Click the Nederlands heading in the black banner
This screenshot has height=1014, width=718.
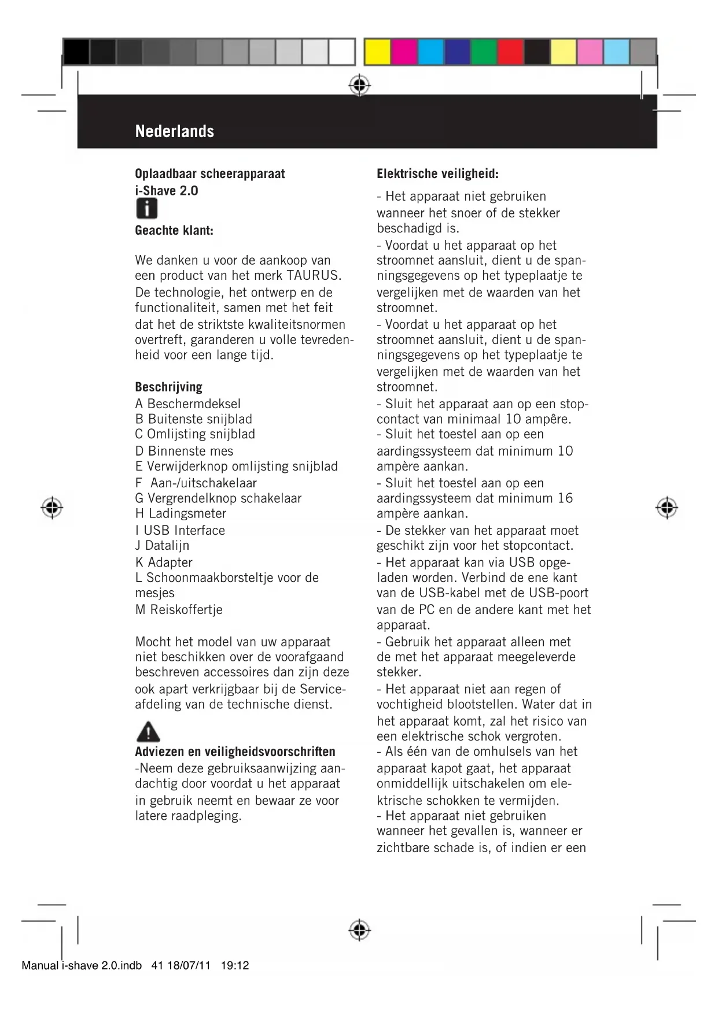[x=174, y=131]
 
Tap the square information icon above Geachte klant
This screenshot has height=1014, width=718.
[x=147, y=209]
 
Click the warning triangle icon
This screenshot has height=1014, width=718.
[x=148, y=732]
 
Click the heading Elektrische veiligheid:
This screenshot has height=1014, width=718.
[x=437, y=173]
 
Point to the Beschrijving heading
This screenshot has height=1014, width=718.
[x=168, y=387]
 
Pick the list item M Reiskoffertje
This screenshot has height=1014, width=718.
[x=179, y=609]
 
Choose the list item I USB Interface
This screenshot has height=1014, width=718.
[x=180, y=530]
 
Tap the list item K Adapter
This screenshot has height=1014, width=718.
[x=164, y=562]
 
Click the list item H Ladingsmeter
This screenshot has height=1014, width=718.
[x=181, y=513]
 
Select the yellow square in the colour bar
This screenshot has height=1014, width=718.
[x=377, y=52]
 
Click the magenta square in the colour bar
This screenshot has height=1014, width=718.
[x=403, y=52]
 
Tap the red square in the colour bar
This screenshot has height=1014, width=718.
[x=510, y=52]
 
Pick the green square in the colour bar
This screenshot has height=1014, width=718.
[x=483, y=52]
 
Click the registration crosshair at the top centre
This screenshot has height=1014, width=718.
[x=359, y=86]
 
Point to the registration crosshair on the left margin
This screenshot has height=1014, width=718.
[x=52, y=508]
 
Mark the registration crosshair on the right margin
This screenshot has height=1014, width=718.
[x=667, y=508]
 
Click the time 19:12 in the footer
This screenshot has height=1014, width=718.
[x=235, y=965]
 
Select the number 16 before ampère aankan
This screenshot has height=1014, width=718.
[x=565, y=498]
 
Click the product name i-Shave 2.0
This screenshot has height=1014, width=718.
[x=167, y=191]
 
